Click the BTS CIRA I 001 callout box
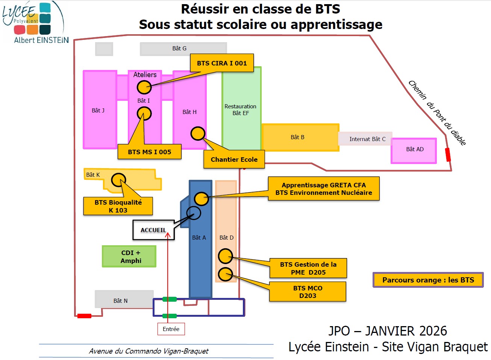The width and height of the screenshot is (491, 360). pyautogui.click(x=222, y=63)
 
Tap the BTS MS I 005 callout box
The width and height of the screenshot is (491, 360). pyautogui.click(x=149, y=152)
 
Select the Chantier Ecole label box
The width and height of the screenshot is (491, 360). pyautogui.click(x=234, y=159)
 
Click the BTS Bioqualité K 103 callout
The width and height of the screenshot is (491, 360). pyautogui.click(x=118, y=206)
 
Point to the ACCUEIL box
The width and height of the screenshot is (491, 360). pyautogui.click(x=153, y=230)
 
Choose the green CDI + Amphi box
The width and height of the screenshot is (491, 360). pyautogui.click(x=129, y=257)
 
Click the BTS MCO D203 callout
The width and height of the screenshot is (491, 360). pyautogui.click(x=308, y=292)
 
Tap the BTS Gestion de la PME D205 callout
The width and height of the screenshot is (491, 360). pyautogui.click(x=308, y=268)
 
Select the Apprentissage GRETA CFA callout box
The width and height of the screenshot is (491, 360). pyautogui.click(x=323, y=189)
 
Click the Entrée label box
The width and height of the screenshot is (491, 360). pyautogui.click(x=171, y=329)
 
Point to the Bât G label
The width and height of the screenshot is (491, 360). pyautogui.click(x=179, y=49)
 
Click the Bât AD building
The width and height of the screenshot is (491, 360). pyautogui.click(x=414, y=150)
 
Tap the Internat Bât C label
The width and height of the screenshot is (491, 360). pyautogui.click(x=367, y=139)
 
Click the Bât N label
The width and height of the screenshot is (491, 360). pyautogui.click(x=121, y=301)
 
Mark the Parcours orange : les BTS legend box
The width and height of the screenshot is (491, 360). pyautogui.click(x=428, y=280)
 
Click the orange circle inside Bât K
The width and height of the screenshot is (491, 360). pyautogui.click(x=119, y=180)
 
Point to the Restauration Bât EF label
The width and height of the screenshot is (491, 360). pyautogui.click(x=240, y=109)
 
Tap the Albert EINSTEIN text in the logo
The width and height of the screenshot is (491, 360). pyautogui.click(x=41, y=40)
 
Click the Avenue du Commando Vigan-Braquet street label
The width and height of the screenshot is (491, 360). pyautogui.click(x=149, y=351)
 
